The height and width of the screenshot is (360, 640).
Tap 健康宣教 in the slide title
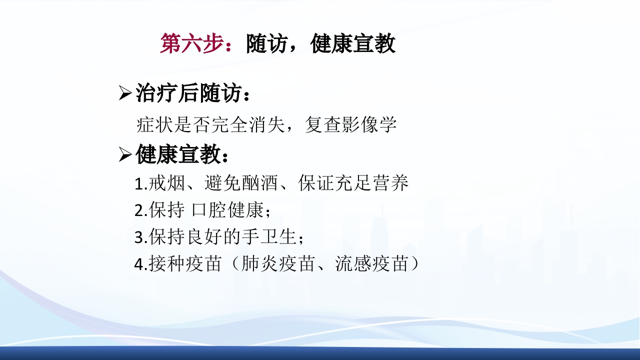[353, 44]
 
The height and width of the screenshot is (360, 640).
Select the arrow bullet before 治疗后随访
[124, 93]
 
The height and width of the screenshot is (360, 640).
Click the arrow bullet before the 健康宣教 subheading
[124, 155]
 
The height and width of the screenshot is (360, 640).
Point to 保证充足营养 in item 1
[353, 183]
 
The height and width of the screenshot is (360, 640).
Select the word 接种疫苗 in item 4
[185, 264]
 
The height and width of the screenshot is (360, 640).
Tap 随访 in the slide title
[267, 44]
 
